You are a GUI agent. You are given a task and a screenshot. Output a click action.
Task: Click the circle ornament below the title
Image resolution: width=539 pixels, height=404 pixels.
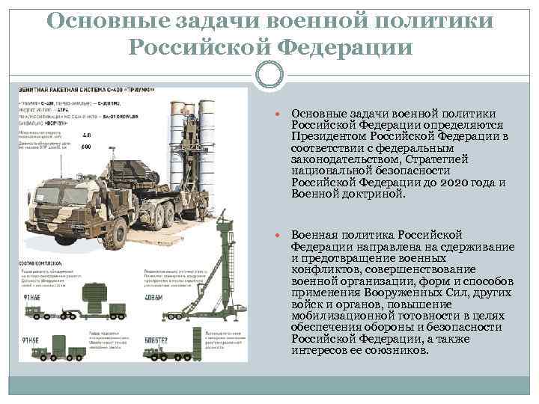[x=269, y=73]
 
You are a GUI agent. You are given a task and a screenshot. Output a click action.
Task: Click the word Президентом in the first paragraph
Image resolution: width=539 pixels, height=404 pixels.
[x=327, y=136]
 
